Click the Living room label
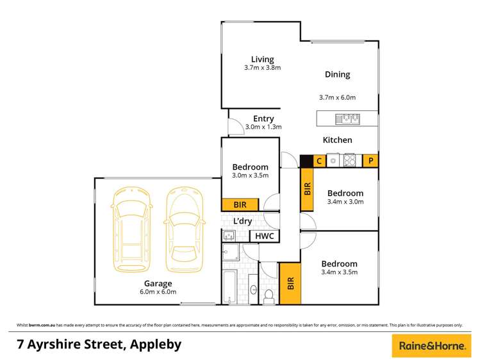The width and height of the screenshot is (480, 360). [x=263, y=60]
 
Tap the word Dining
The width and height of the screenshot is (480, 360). [x=337, y=74]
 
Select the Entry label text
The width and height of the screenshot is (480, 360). [x=263, y=119]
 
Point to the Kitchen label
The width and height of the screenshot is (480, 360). [x=337, y=140]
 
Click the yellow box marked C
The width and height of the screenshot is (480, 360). [x=319, y=161]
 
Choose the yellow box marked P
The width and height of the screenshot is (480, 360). [x=370, y=161]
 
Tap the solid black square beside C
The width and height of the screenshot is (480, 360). [x=306, y=161]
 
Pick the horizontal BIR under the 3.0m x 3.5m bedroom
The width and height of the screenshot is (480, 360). [x=240, y=204]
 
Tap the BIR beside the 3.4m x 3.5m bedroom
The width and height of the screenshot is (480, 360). [x=290, y=282]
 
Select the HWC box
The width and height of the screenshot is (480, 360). [x=264, y=236]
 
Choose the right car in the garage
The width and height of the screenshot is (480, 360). [x=185, y=228]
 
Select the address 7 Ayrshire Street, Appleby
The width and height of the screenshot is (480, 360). [x=99, y=344]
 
